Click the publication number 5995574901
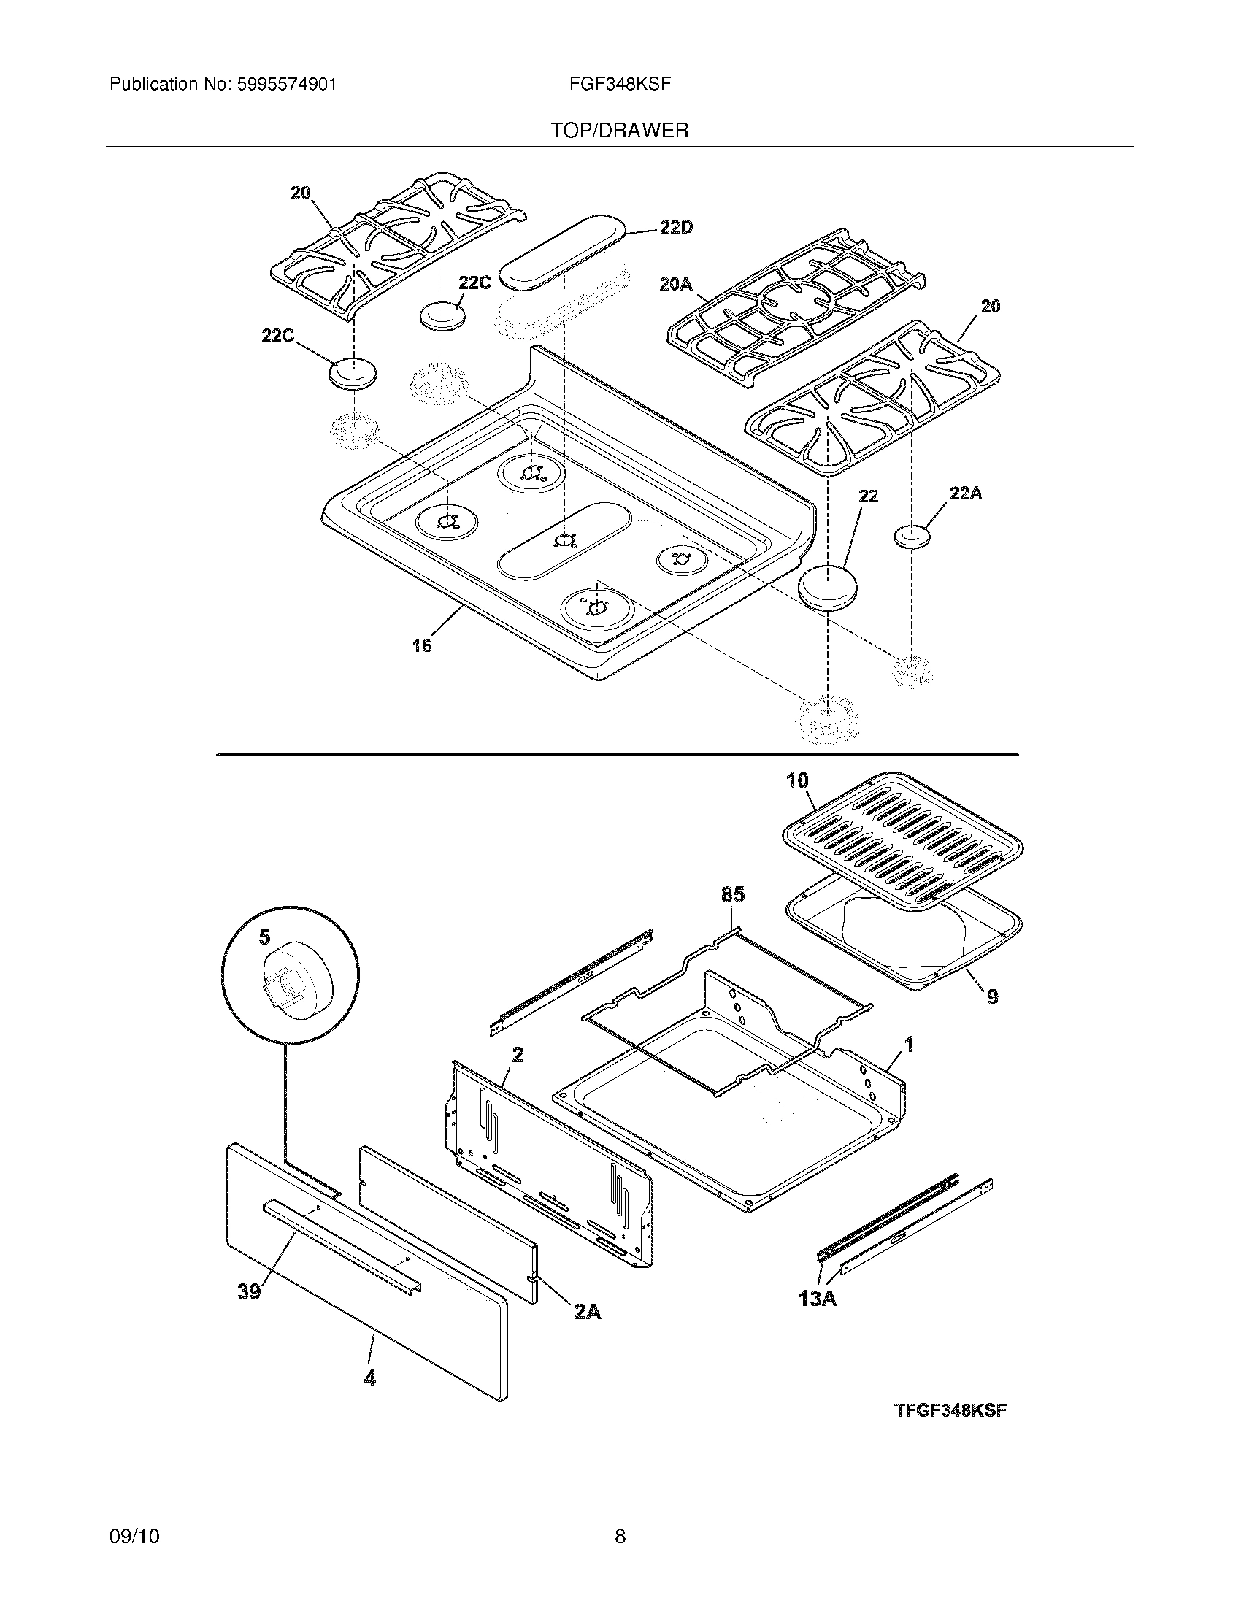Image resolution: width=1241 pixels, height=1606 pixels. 286,85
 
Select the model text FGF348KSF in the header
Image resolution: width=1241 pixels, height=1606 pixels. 620,84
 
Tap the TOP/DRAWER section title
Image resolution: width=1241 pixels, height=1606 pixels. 620,131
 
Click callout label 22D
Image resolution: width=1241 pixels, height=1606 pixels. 676,228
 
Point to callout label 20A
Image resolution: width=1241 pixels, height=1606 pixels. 676,283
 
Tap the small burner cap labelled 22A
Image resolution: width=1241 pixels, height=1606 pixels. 912,536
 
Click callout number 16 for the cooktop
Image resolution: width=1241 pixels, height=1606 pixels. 422,646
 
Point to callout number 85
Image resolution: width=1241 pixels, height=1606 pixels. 733,894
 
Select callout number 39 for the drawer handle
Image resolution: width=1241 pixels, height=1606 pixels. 249,1291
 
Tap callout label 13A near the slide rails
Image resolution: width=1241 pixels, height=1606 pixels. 818,1299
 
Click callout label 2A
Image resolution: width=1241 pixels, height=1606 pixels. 586,1311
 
